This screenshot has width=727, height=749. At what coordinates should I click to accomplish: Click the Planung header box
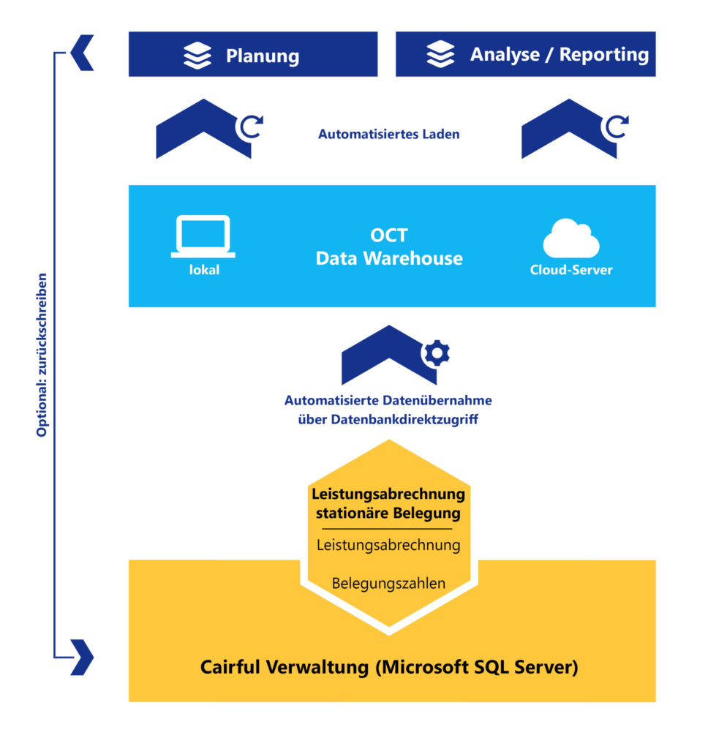click(252, 54)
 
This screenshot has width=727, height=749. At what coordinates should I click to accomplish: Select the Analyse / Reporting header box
click(525, 54)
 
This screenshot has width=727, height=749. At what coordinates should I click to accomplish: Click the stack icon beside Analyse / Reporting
click(440, 55)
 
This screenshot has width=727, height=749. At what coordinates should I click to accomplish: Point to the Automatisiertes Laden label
click(388, 135)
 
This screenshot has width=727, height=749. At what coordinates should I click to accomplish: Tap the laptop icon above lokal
click(203, 236)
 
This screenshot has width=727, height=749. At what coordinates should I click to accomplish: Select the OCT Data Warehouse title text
click(388, 247)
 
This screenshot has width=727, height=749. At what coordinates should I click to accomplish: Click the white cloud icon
click(570, 238)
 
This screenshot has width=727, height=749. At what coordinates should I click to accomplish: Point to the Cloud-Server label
click(570, 270)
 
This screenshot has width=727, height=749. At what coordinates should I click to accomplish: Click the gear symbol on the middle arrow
click(437, 353)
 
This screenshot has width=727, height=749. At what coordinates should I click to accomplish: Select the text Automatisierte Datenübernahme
click(388, 401)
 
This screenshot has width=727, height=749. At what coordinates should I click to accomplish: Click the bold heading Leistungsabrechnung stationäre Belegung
click(388, 503)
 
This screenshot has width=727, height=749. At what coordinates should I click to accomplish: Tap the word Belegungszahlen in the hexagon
click(388, 584)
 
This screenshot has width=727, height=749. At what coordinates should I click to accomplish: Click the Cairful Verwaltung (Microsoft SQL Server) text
click(388, 667)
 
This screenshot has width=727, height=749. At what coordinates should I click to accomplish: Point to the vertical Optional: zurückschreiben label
click(42, 355)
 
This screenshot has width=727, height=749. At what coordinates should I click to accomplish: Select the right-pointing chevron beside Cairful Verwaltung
click(83, 656)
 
